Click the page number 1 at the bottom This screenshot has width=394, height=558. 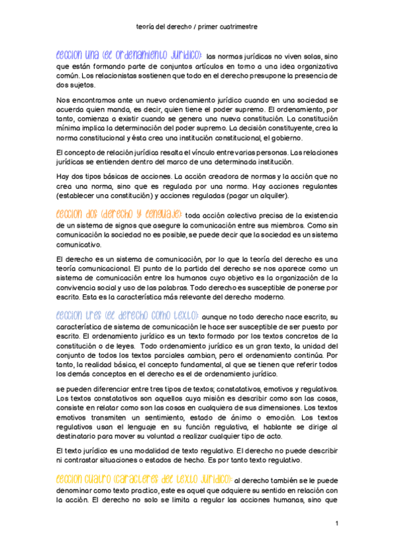(x=336, y=523)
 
